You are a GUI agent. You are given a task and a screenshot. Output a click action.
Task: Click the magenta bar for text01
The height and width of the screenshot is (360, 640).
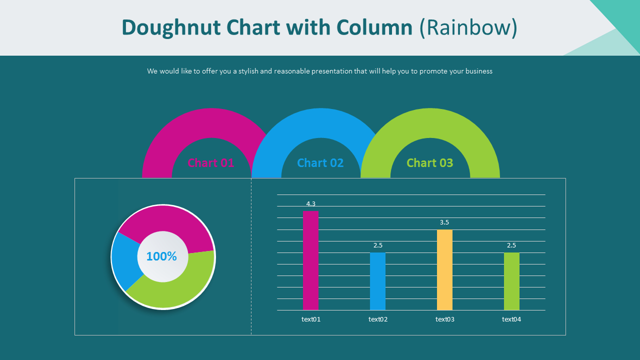click(x=310, y=260)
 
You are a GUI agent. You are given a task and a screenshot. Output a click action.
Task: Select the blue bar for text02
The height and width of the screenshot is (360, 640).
click(x=377, y=281)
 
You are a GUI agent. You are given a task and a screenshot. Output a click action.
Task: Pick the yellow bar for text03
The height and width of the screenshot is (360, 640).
click(x=444, y=270)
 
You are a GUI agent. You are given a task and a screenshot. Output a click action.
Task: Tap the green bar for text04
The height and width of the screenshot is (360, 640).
click(x=511, y=281)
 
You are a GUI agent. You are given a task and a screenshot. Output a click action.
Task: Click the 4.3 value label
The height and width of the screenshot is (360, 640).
click(x=310, y=203)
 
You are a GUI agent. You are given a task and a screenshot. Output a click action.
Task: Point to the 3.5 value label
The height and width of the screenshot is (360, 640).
click(x=444, y=222)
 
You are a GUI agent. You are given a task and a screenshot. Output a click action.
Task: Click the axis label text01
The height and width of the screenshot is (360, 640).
click(x=310, y=319)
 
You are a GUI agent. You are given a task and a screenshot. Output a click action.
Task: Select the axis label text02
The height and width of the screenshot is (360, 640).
click(x=377, y=319)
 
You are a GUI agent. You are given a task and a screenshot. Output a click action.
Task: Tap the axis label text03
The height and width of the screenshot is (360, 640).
click(x=444, y=319)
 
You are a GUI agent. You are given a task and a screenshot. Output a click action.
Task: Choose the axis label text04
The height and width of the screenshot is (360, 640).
click(x=511, y=319)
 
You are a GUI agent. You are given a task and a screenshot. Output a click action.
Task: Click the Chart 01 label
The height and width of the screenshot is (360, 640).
click(x=210, y=162)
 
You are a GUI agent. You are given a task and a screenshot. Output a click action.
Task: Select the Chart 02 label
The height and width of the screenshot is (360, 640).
click(x=320, y=162)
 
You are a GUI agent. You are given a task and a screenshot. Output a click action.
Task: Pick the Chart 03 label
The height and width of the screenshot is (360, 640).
click(x=429, y=162)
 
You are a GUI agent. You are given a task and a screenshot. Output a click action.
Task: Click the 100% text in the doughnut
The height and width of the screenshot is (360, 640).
click(x=161, y=256)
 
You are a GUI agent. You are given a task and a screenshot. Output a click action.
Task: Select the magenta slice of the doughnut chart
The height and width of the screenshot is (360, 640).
click(x=170, y=222)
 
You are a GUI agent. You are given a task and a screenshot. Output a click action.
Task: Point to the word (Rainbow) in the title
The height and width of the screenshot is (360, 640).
click(x=468, y=27)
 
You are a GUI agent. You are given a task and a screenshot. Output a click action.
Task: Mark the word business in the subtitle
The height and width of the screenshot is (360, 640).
click(x=478, y=71)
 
